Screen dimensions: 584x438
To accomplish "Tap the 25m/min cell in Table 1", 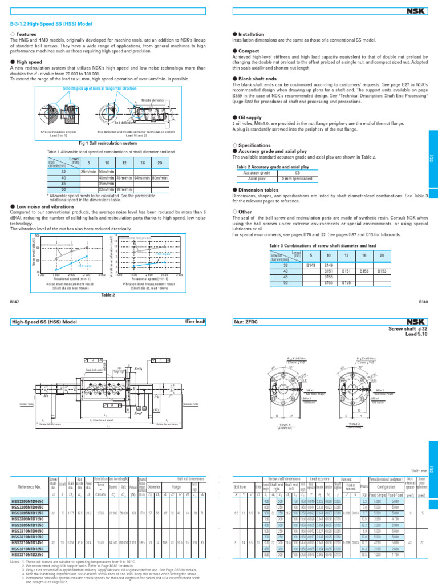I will tap(88, 172).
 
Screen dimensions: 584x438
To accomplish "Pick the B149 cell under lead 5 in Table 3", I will tap(311, 265).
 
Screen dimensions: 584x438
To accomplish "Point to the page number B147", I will tap(15, 301).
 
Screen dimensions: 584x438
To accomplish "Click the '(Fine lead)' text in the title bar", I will tap(194, 322).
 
